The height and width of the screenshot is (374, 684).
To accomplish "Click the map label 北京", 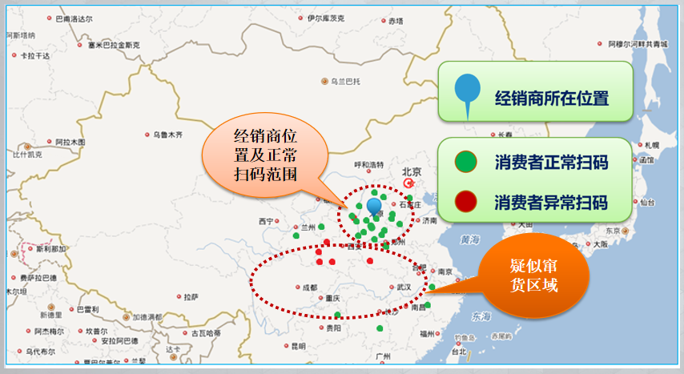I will click(411, 171).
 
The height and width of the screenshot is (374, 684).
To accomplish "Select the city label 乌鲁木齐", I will click(168, 135).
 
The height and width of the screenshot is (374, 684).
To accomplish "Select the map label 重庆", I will click(333, 299).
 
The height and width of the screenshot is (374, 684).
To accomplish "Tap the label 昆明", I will click(298, 347).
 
